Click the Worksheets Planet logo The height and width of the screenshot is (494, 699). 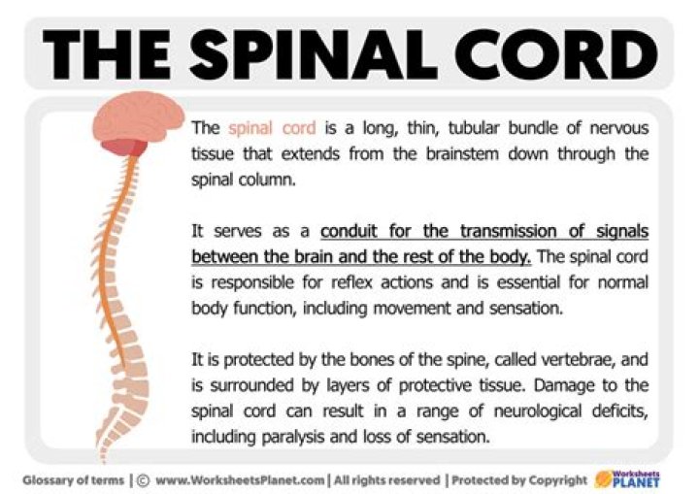(x=626, y=478)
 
